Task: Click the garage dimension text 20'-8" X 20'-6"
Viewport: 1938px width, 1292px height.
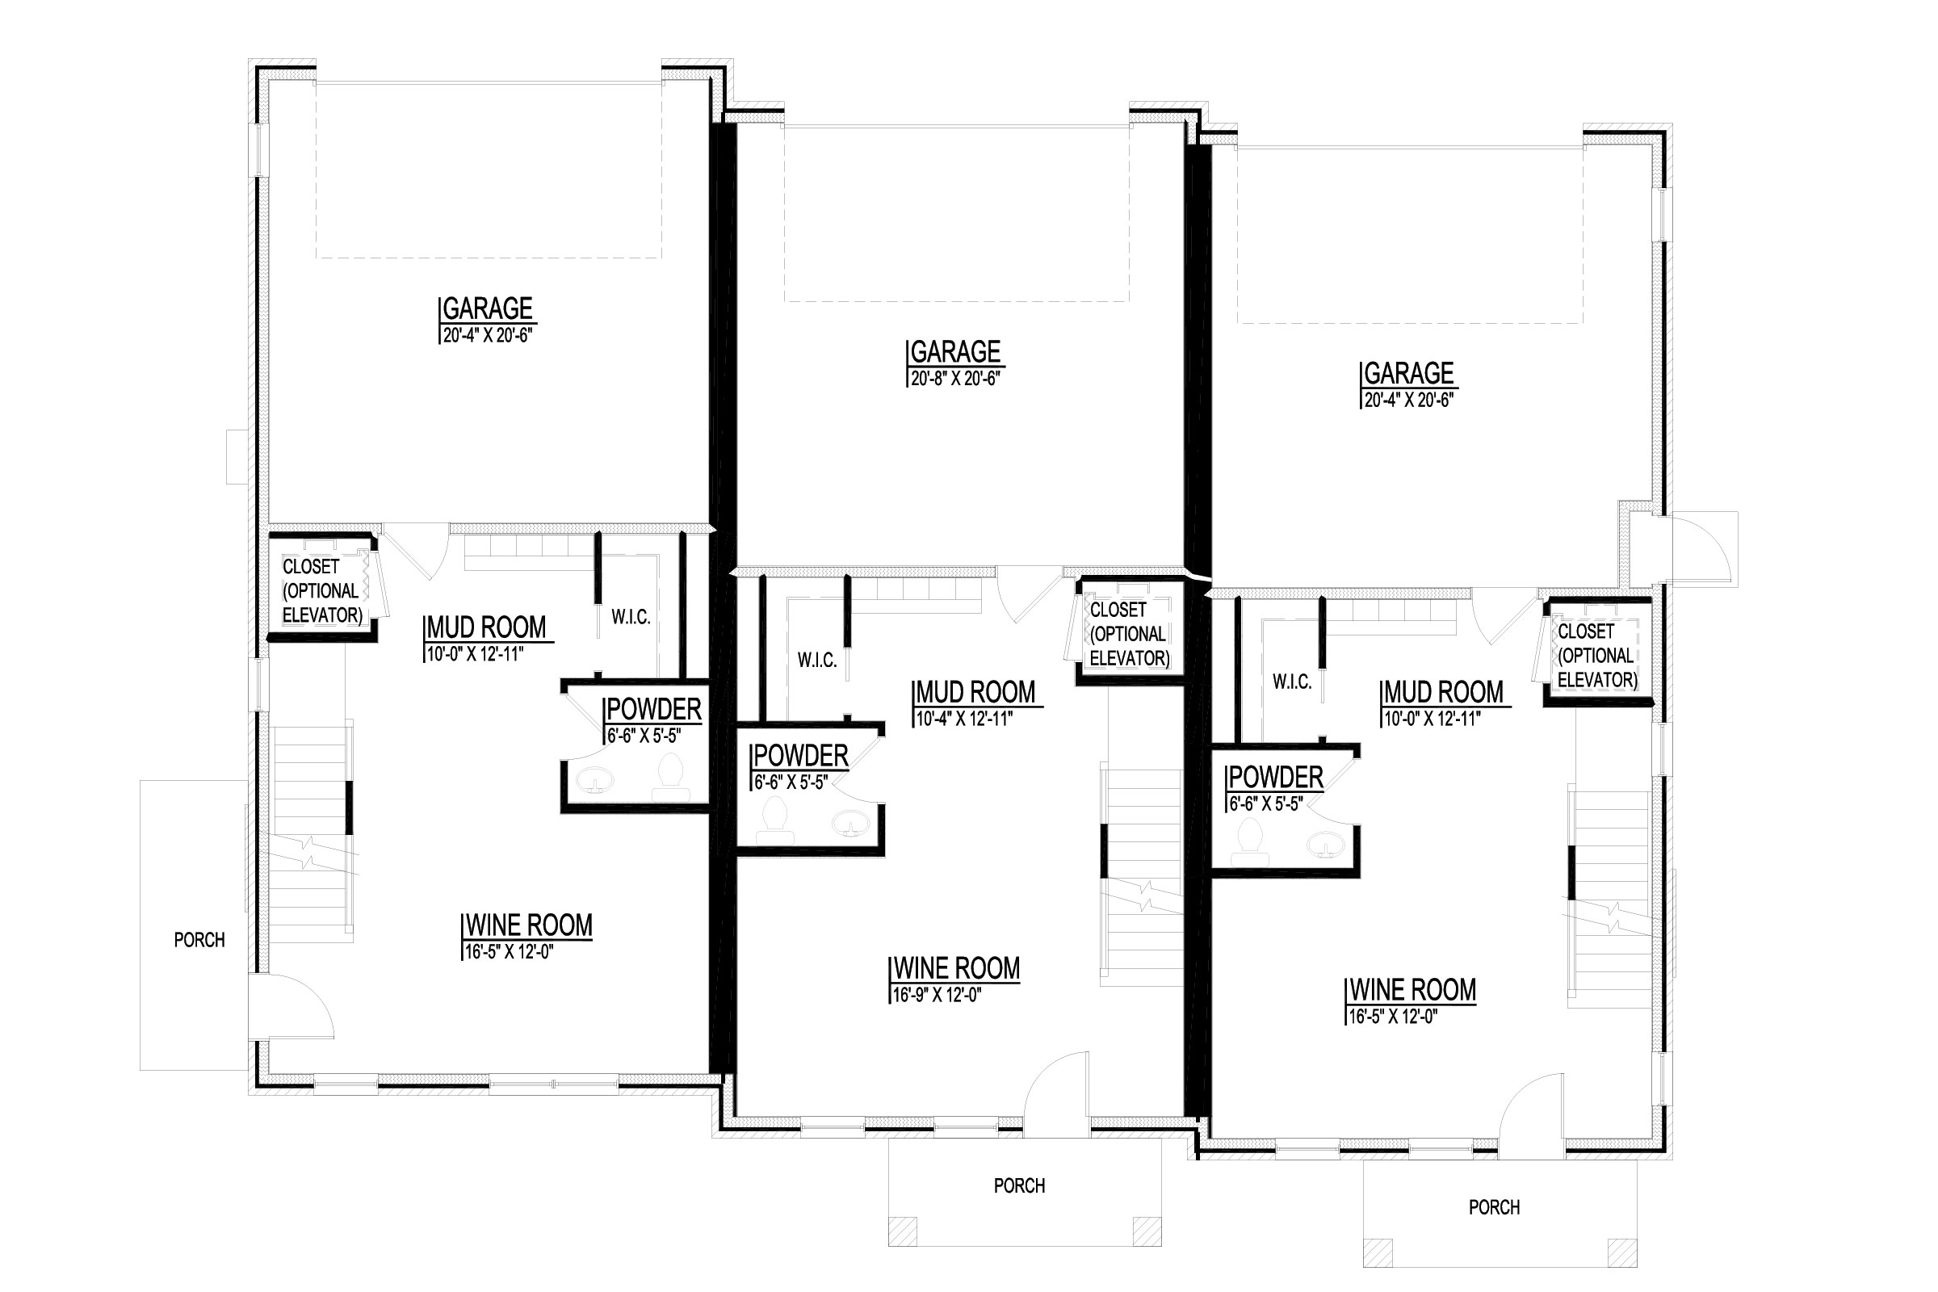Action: pos(955,379)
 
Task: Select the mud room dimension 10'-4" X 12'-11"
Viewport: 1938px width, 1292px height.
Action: pos(964,719)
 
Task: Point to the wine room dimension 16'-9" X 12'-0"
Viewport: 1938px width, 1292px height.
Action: pos(937,996)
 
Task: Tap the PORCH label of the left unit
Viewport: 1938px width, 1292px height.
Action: pos(199,939)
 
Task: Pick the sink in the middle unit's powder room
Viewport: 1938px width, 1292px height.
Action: pos(849,823)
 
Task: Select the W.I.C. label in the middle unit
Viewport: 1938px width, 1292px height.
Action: pos(816,660)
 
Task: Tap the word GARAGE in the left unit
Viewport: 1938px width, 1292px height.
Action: pos(487,308)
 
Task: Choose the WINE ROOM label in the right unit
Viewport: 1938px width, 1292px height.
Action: pos(1412,990)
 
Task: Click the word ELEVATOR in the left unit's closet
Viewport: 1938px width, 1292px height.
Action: pos(322,615)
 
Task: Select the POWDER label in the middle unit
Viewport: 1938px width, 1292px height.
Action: pos(800,756)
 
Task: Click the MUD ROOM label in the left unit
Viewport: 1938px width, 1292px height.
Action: pos(486,627)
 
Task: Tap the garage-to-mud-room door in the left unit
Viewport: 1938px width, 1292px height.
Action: pos(416,551)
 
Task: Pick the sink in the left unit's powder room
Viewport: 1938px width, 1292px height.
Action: pos(594,778)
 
